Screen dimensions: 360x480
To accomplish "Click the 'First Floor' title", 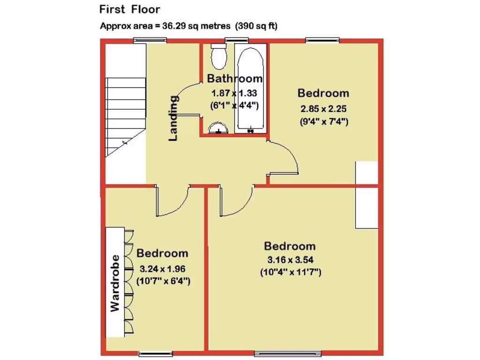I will [x=129, y=9].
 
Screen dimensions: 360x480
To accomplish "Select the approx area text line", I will [x=188, y=26].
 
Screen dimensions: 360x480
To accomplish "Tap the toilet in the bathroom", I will [x=219, y=57].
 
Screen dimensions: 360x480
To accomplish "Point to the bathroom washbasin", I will [x=218, y=128].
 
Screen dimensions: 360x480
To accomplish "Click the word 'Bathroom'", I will [x=234, y=78].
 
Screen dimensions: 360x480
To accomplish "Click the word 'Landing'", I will [x=173, y=118].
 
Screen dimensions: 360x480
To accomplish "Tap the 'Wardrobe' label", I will [x=114, y=284].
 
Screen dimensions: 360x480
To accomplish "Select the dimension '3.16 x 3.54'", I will [x=290, y=260].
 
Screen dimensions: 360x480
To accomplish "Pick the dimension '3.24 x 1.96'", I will [x=162, y=269].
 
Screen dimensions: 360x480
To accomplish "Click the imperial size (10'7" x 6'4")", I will [x=162, y=282].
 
